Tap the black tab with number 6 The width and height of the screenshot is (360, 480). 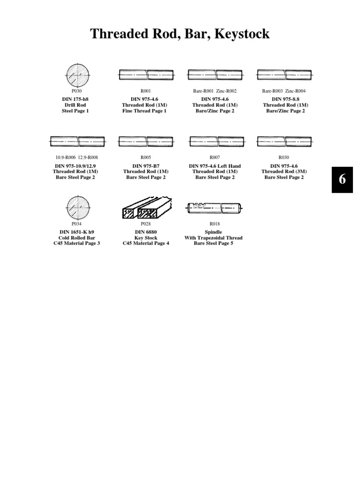[x=342, y=180]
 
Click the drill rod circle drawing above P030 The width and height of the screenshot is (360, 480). [x=77, y=75]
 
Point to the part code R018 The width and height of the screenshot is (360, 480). [x=215, y=224]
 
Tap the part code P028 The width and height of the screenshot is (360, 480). [x=146, y=224]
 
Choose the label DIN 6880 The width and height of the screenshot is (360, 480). [x=146, y=232]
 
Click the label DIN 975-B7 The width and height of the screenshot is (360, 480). [x=146, y=166]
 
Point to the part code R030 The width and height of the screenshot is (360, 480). [x=284, y=157]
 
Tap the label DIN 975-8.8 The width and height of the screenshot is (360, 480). [x=284, y=99]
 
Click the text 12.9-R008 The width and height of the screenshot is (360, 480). [x=88, y=157]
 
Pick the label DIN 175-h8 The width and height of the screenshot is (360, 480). [x=75, y=99]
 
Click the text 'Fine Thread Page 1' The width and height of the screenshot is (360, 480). [x=146, y=111]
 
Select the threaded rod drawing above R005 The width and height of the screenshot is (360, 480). [x=146, y=141]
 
